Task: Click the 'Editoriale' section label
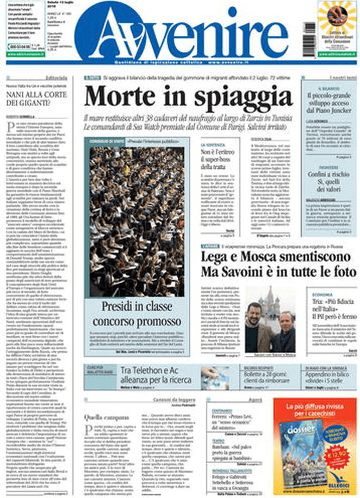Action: click(x=57, y=78)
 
